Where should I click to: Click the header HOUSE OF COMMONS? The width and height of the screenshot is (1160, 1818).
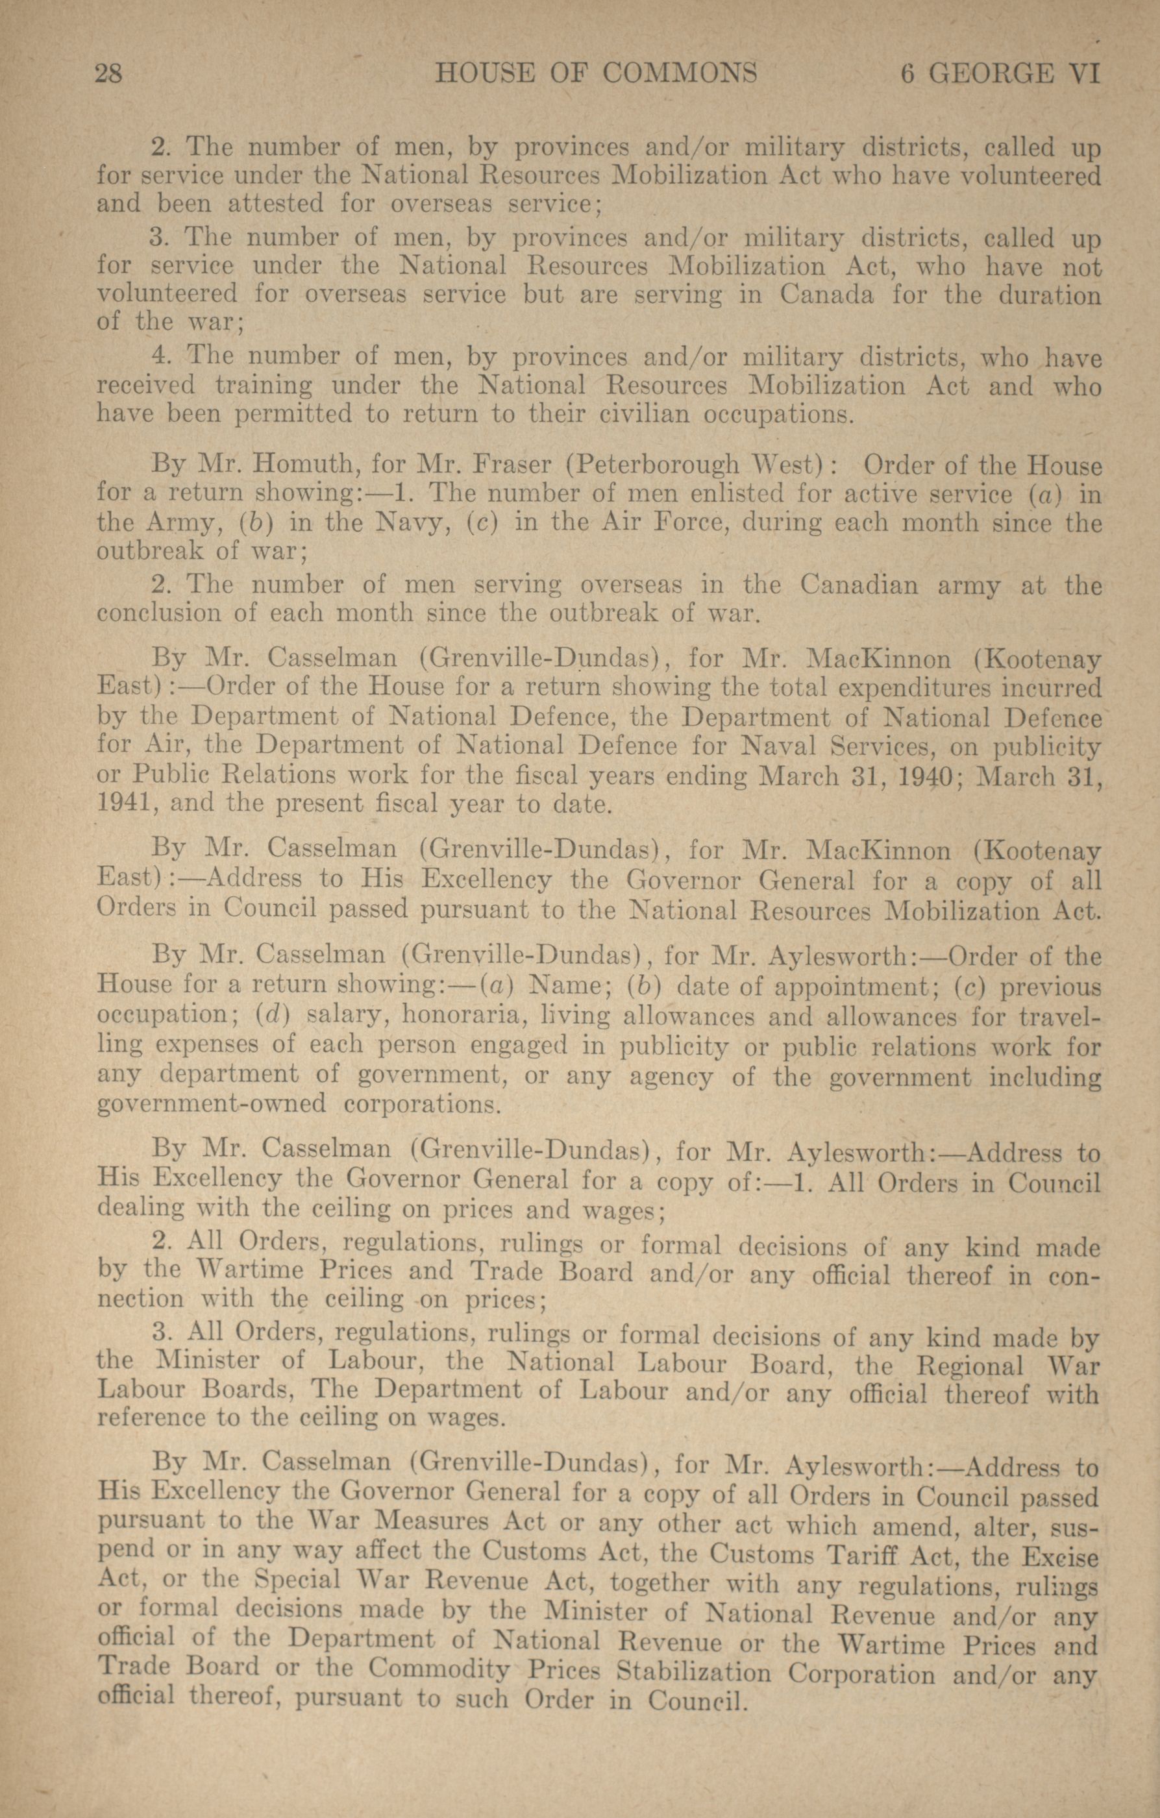(x=596, y=74)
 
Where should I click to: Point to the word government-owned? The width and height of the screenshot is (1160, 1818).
(x=212, y=1104)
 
